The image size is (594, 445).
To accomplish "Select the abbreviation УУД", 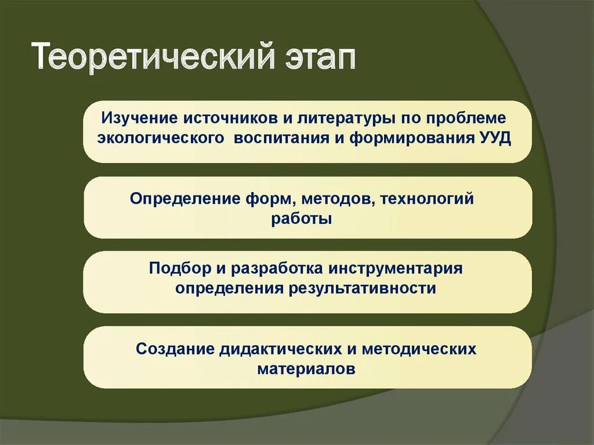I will [x=495, y=139].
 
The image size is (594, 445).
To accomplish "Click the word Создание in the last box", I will [x=176, y=349].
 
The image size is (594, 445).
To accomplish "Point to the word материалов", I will [x=306, y=369].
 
